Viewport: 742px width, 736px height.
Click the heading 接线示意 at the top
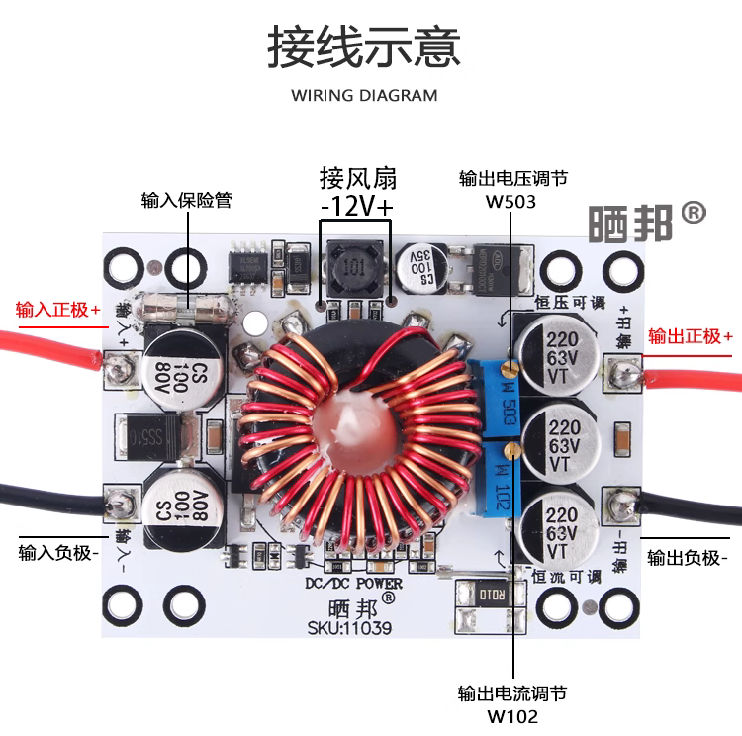point(364,47)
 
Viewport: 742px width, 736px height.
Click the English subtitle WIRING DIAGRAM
point(364,96)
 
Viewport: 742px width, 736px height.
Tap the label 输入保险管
point(187,200)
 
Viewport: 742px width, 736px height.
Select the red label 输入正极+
point(58,310)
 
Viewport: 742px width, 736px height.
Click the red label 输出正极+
point(691,336)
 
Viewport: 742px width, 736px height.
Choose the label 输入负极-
point(58,552)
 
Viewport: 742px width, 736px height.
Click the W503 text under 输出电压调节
point(510,201)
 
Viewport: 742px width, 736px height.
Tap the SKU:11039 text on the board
point(349,628)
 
